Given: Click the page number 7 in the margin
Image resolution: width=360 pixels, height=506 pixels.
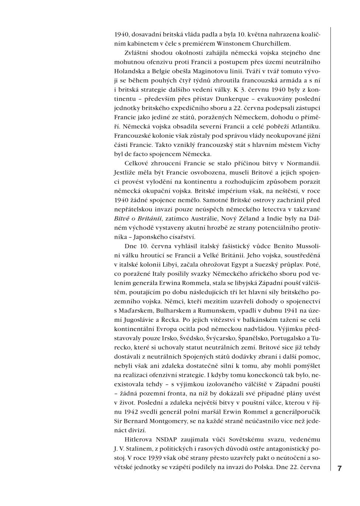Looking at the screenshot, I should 339,468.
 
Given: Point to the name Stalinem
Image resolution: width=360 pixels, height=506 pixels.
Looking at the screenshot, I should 142,449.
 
